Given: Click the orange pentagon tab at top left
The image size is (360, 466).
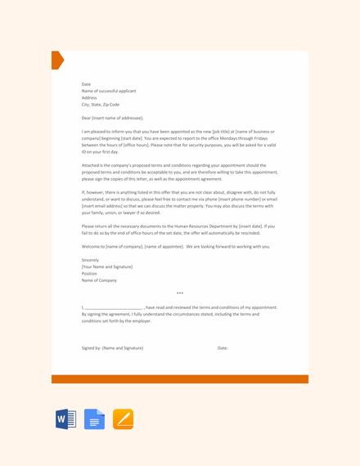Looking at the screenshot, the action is [56, 60].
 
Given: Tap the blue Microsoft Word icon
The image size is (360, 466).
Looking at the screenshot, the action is [66, 419].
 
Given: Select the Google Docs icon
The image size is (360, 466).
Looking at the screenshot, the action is [94, 419].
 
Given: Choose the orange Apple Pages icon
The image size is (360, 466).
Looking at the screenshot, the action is [123, 419].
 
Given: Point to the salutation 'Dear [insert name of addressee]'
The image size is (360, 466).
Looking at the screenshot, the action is [112, 118].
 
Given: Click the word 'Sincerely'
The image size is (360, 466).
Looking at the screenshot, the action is [90, 260].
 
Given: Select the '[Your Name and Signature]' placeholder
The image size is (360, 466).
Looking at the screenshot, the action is [106, 267].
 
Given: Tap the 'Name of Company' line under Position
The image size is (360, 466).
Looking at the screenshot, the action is [99, 280].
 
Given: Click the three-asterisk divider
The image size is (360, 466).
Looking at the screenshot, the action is [180, 293].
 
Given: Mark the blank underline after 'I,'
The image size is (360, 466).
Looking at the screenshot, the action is [114, 307].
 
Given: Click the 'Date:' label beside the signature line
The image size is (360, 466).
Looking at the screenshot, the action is [223, 348].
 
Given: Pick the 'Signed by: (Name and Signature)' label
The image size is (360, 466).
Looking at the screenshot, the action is [112, 348].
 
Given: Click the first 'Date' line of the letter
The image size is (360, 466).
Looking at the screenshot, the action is [86, 84].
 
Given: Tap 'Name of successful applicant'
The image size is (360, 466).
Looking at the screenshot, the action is [109, 91].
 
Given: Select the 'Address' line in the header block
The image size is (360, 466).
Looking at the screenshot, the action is [89, 97].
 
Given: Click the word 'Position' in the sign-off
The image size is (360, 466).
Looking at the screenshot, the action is [90, 273].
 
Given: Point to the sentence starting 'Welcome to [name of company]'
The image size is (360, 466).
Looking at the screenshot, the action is [176, 246].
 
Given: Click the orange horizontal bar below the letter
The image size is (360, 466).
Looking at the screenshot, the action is [180, 379].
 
